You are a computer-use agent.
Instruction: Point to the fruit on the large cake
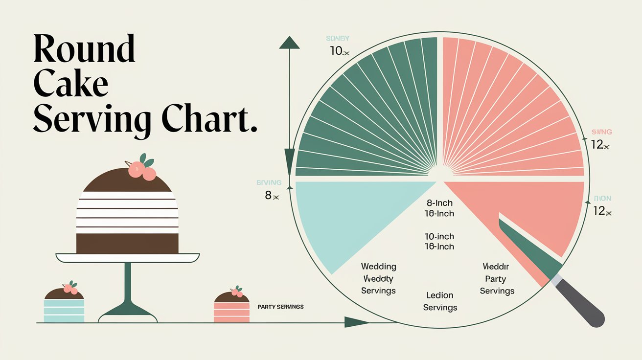(x=142, y=169)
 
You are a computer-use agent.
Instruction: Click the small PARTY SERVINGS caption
(x=280, y=307)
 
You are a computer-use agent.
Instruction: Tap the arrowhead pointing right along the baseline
(x=356, y=322)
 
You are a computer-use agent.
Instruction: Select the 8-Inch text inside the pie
(x=439, y=203)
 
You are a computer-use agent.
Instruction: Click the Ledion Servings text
(x=440, y=301)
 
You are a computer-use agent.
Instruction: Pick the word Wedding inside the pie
(x=378, y=267)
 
